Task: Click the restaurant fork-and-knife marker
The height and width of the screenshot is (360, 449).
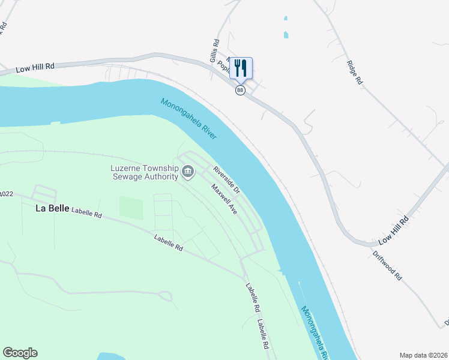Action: point(241,67)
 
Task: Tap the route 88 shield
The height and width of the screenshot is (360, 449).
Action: point(240,90)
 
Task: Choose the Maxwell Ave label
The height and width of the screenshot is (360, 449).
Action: point(224,199)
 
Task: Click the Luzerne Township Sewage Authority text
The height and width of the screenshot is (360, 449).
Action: point(145,172)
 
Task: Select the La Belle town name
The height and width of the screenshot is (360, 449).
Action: point(50,209)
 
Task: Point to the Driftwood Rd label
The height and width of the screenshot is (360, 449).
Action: point(386,267)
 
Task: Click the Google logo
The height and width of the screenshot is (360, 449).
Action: point(20,353)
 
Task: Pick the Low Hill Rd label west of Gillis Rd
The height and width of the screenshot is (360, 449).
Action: point(35,68)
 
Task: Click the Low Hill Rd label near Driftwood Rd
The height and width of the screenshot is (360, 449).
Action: point(393,230)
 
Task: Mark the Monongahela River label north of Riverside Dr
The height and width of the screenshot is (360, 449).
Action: point(188,119)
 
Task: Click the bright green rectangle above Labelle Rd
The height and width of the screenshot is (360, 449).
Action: point(131,208)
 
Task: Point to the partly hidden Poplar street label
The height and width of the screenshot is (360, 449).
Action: point(223,66)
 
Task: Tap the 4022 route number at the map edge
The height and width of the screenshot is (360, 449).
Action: point(6,193)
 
